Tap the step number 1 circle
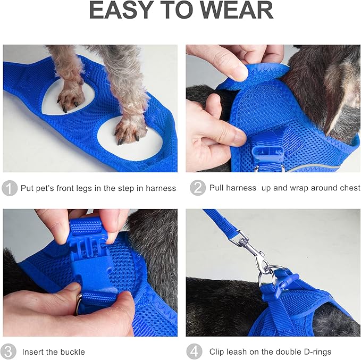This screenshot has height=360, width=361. pyautogui.click(x=10, y=188)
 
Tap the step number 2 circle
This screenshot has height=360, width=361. pyautogui.click(x=197, y=188)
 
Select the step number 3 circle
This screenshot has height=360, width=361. pyautogui.click(x=10, y=351)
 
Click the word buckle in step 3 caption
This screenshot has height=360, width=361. pyautogui.click(x=72, y=351)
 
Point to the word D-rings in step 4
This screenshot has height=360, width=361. pyautogui.click(x=316, y=351)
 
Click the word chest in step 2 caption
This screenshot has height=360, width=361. pyautogui.click(x=349, y=188)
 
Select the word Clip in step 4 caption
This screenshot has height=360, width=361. pyautogui.click(x=217, y=351)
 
